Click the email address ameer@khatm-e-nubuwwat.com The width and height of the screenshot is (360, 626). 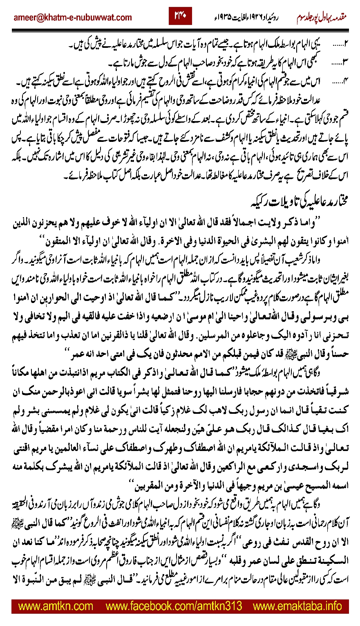point(73,18)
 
